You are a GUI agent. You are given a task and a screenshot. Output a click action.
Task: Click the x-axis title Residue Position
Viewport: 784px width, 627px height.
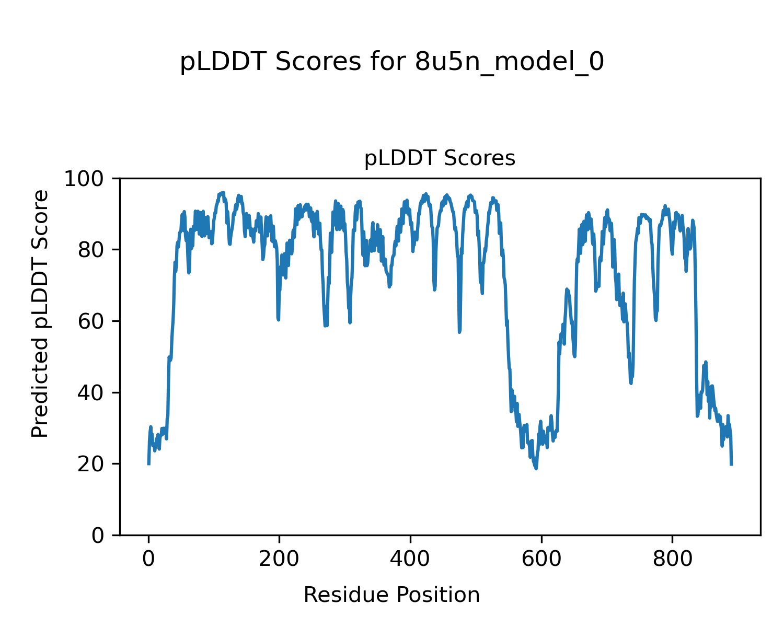point(391,595)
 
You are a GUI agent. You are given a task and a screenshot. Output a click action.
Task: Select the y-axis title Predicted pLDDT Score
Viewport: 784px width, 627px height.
point(40,313)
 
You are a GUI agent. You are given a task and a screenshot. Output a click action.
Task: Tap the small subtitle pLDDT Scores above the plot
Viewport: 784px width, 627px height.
point(440,158)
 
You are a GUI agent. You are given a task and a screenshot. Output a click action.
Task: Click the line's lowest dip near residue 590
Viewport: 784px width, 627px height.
point(536,468)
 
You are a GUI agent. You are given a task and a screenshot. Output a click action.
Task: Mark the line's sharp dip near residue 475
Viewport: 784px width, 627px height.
point(459,332)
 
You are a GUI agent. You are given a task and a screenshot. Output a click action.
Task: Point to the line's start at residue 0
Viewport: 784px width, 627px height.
point(149,463)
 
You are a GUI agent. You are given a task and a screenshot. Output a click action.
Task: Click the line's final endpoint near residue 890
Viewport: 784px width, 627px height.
point(731,464)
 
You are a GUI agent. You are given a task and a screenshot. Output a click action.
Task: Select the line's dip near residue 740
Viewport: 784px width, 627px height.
point(631,383)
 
